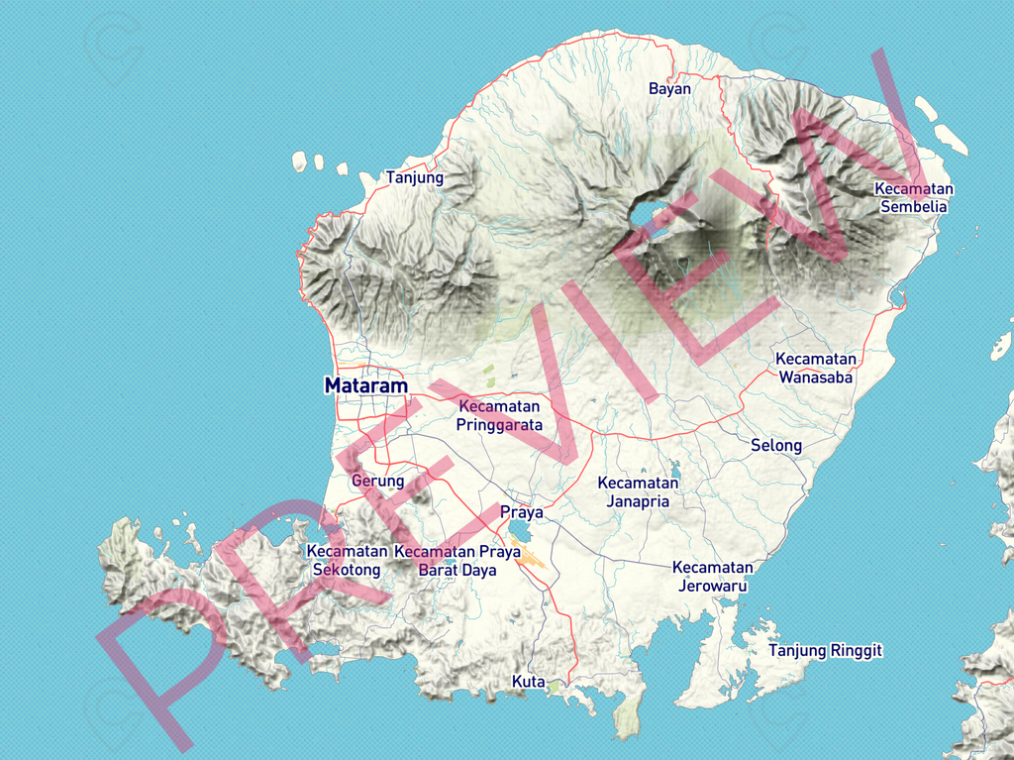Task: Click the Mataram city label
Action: [x=365, y=385]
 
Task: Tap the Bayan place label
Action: [x=669, y=88]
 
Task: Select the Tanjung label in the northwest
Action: [x=415, y=177]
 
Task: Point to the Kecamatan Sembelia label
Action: [x=913, y=197]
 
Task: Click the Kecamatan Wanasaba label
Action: [x=816, y=368]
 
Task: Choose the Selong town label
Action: [x=776, y=445]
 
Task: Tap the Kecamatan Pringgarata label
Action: [x=499, y=415]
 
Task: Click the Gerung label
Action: [x=378, y=481]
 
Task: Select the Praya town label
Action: [x=522, y=512]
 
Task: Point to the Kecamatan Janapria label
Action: [x=639, y=491]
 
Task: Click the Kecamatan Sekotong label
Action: [x=347, y=560]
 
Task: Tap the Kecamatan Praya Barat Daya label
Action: [x=457, y=560]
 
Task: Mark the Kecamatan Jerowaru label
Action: [x=713, y=576]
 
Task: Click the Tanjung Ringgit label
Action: [x=825, y=650]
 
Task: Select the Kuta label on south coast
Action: [x=528, y=681]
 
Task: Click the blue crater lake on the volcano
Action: [x=643, y=212]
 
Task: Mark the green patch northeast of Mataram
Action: [x=488, y=374]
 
